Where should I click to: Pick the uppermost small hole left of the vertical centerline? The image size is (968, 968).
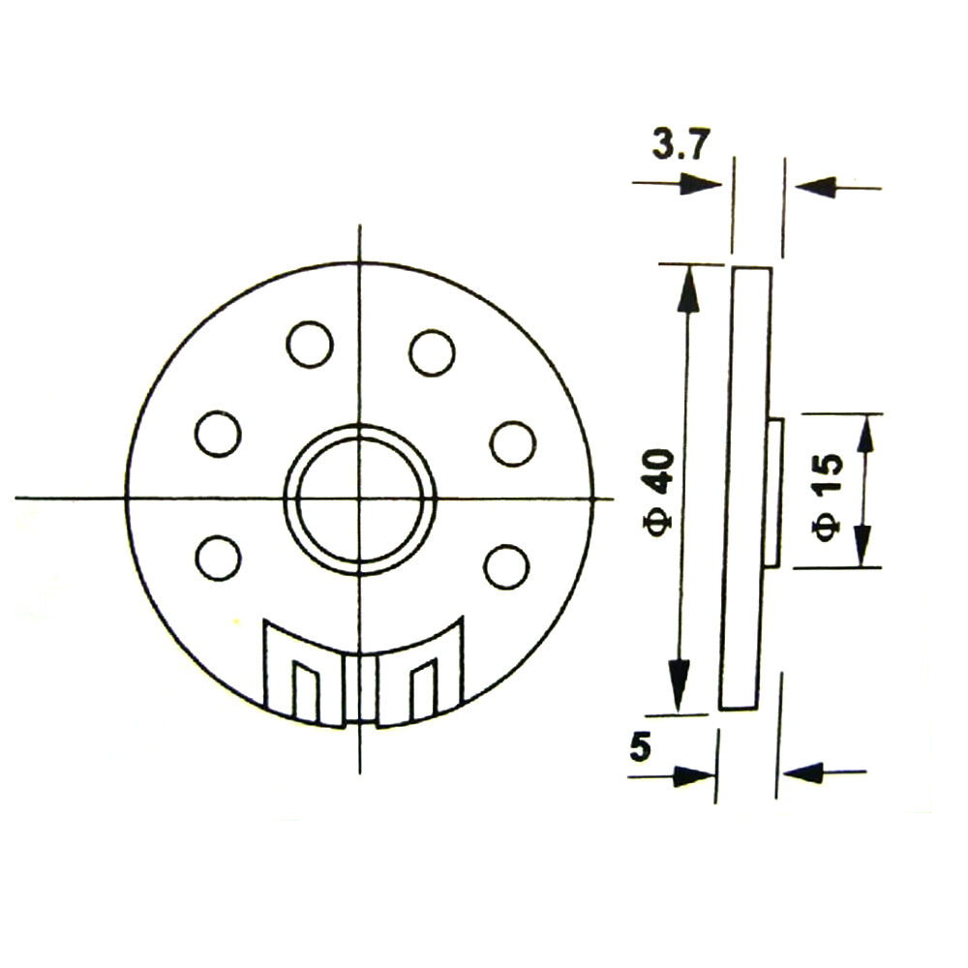tap(310, 344)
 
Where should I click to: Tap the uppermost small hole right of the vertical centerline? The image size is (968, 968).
tap(432, 351)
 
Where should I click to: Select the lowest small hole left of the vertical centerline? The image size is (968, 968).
tap(218, 559)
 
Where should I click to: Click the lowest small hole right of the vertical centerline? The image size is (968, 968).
tap(506, 566)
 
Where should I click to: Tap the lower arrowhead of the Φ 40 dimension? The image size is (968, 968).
tap(680, 687)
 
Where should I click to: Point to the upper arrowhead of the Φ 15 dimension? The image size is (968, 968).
tap(863, 435)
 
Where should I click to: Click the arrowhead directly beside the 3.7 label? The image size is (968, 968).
tap(701, 185)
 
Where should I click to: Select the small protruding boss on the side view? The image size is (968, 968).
tap(775, 492)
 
